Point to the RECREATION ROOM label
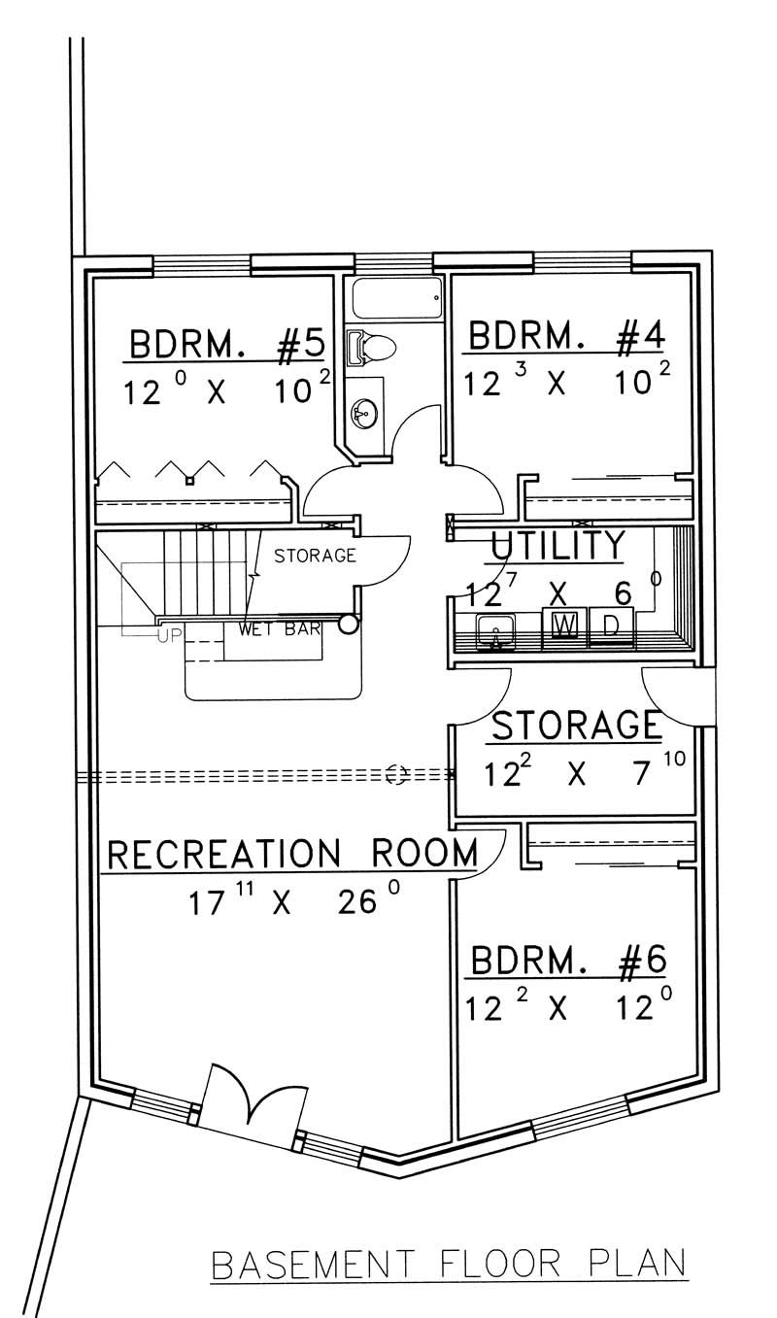[x=291, y=854]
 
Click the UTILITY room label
[x=557, y=547]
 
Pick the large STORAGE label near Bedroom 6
[x=577, y=725]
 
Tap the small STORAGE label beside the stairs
[x=315, y=557]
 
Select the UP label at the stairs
[x=171, y=635]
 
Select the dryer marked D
[x=612, y=625]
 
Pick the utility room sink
[x=495, y=631]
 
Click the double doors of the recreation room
[x=249, y=1101]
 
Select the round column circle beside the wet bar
[x=347, y=626]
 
